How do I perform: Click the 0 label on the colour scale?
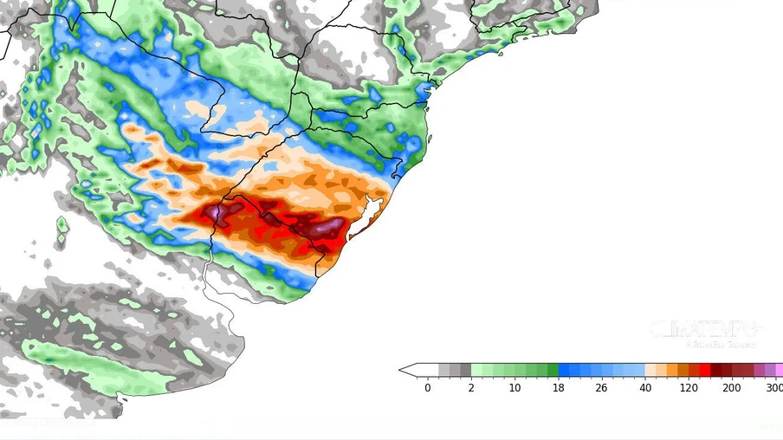(x=428, y=388)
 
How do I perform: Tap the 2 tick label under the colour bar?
(x=471, y=388)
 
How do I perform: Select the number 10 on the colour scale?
(x=515, y=388)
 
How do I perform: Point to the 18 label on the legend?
(x=559, y=388)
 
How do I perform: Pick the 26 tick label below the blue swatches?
(x=602, y=388)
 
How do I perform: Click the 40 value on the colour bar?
(x=645, y=388)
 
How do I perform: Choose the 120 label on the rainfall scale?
(x=689, y=388)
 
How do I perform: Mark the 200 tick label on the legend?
(x=732, y=388)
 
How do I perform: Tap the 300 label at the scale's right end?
(x=773, y=388)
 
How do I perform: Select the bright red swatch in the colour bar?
(x=705, y=370)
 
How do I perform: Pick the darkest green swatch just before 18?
(x=553, y=370)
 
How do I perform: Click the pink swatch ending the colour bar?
(x=779, y=370)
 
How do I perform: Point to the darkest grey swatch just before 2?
(x=465, y=370)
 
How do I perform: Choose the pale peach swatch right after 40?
(x=650, y=370)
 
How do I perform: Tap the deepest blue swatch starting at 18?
(x=564, y=370)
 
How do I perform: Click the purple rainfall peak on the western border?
(x=213, y=211)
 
